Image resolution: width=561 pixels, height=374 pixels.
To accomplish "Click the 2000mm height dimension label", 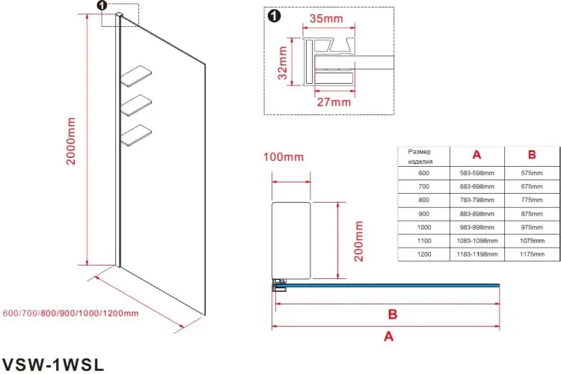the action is pyautogui.click(x=71, y=141).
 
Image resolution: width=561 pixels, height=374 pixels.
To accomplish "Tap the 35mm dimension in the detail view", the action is pyautogui.click(x=326, y=18).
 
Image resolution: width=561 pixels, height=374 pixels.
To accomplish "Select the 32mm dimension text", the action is pyautogui.click(x=282, y=63).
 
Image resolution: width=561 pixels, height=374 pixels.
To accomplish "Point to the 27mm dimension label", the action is pyautogui.click(x=334, y=102).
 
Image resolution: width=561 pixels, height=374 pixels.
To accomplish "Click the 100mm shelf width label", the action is pyautogui.click(x=283, y=157).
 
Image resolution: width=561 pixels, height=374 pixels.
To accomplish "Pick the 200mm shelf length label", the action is pyautogui.click(x=358, y=241).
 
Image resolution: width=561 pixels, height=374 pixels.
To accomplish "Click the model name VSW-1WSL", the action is pyautogui.click(x=53, y=365).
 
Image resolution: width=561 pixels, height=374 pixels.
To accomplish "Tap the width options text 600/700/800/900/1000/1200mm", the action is pyautogui.click(x=70, y=313).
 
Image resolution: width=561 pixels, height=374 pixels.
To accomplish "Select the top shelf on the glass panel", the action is pyautogui.click(x=136, y=76).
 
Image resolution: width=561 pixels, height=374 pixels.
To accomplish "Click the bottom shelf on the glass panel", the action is pyautogui.click(x=136, y=135).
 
